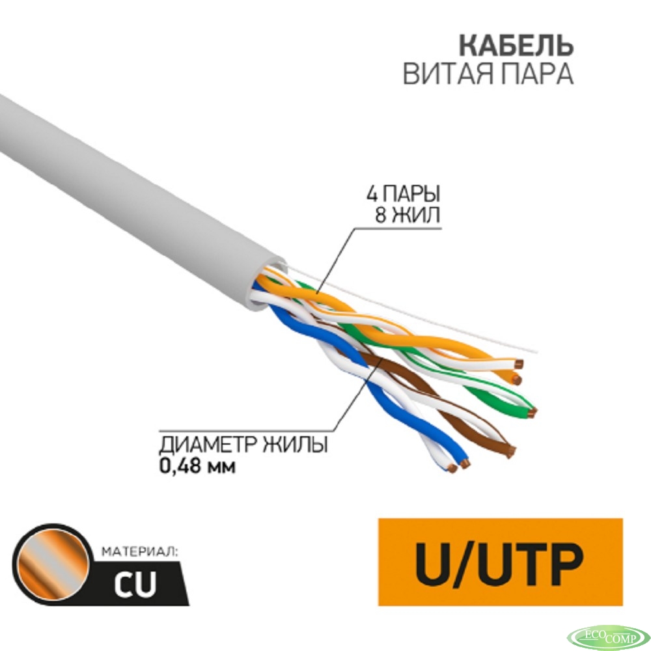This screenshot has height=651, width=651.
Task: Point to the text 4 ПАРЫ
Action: pos(403,193)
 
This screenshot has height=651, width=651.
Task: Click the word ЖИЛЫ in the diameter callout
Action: pos(295,445)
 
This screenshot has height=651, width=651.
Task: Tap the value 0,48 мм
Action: pos(197,466)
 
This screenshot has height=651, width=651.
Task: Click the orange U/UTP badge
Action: pos(500,562)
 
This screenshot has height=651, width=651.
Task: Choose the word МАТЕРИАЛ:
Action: pos(139,552)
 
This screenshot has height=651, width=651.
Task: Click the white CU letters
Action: pos(135,583)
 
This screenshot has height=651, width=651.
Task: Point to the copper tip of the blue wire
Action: pos(465,464)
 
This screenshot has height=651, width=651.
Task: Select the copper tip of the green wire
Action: pos(533,412)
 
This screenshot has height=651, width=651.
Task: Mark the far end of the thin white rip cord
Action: pos(537,352)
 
